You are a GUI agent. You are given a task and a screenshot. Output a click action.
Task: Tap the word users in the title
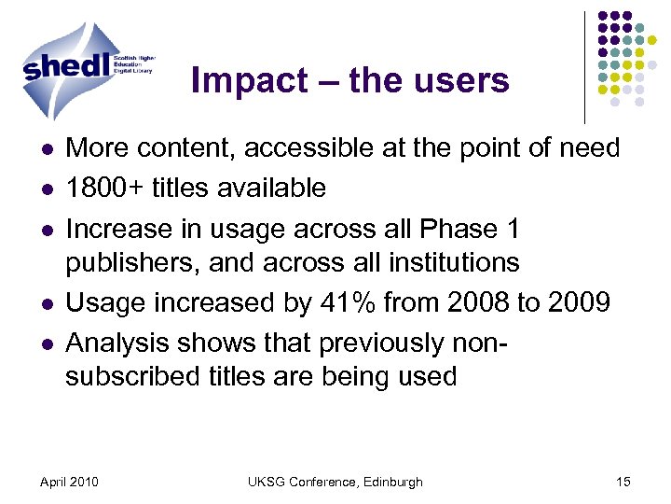(x=463, y=81)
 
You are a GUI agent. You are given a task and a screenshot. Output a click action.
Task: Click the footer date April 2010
(x=71, y=482)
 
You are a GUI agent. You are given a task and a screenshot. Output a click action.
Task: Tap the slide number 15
(x=623, y=482)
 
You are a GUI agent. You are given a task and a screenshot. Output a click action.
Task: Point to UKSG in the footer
(x=267, y=482)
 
